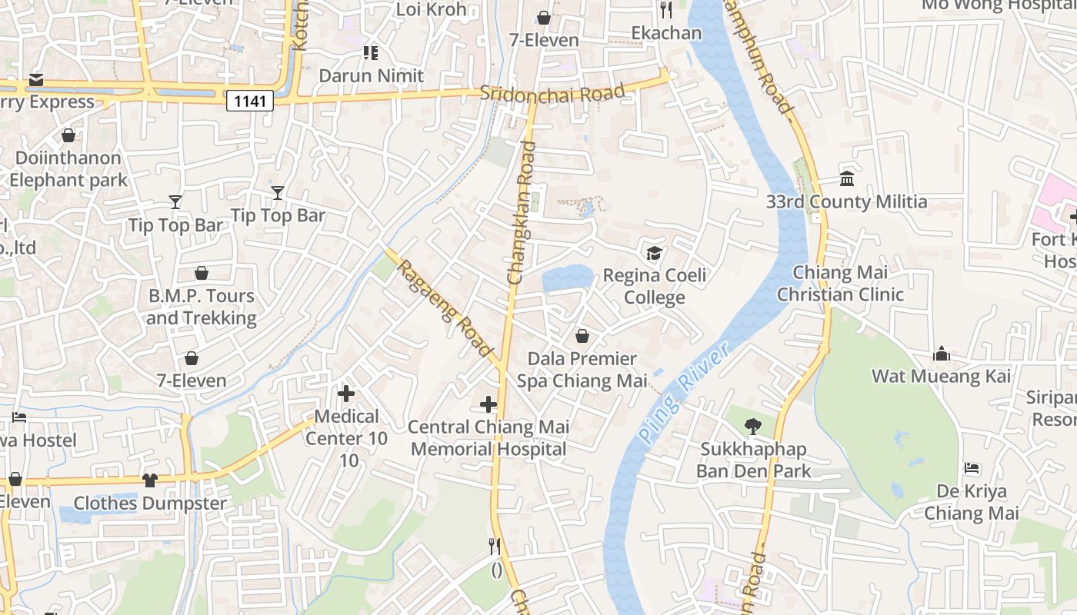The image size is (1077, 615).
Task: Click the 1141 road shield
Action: click(x=250, y=101)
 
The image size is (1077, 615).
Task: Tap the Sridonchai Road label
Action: click(x=552, y=93)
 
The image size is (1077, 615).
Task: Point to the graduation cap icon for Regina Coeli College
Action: click(x=654, y=253)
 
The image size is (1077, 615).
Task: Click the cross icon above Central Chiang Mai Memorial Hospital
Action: click(x=488, y=404)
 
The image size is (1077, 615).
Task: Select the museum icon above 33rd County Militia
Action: click(x=847, y=178)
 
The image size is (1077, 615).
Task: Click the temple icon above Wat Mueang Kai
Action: click(x=941, y=354)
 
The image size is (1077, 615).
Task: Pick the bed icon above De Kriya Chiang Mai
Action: click(x=972, y=468)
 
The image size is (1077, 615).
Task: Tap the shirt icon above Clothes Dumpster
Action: click(x=150, y=480)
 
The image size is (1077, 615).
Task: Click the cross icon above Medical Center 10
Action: click(x=346, y=394)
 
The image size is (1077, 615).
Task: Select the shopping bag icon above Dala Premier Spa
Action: click(x=582, y=336)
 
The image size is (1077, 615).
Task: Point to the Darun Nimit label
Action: click(x=371, y=75)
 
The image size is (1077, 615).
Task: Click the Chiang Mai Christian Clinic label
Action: click(x=840, y=283)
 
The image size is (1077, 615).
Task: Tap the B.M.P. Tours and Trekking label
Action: click(x=202, y=307)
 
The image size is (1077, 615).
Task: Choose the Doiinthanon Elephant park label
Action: click(x=68, y=169)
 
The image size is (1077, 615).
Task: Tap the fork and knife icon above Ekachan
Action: click(x=666, y=10)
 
